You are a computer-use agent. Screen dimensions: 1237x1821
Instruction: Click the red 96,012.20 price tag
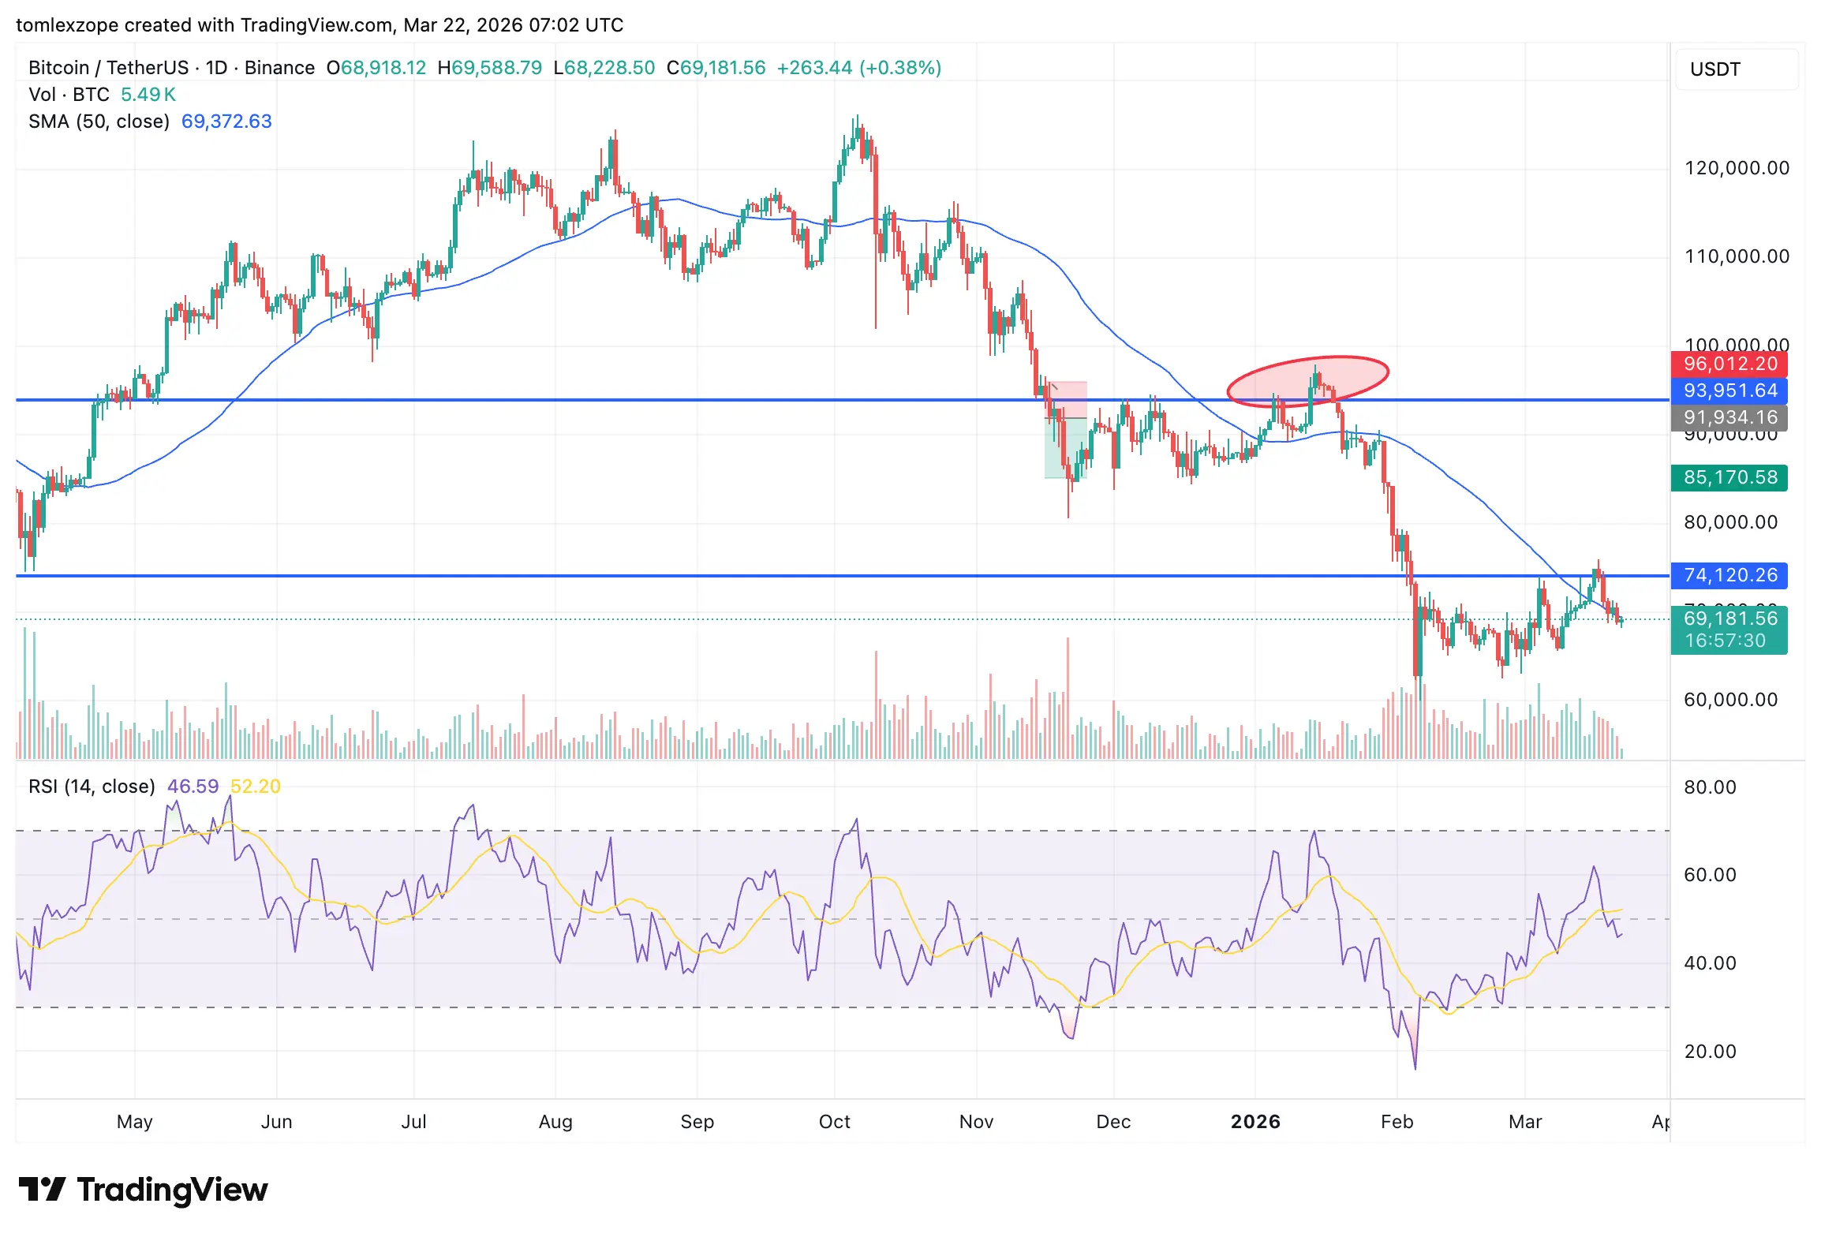(1729, 364)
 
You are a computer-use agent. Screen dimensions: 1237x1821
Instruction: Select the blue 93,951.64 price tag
(1729, 391)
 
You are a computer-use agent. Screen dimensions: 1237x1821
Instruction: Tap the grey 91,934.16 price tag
(1729, 417)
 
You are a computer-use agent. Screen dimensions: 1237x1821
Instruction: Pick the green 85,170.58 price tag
(1729, 477)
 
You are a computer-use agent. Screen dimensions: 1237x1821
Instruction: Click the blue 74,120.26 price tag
(1729, 575)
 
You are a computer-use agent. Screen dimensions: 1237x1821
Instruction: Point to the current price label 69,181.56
(1729, 618)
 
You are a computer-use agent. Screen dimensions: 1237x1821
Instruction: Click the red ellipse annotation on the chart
(1307, 381)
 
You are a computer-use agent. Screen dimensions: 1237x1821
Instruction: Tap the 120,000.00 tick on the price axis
(1736, 168)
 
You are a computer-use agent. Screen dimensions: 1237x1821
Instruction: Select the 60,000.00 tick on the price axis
(1730, 700)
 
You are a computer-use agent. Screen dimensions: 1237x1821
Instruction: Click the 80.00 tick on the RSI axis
(1710, 787)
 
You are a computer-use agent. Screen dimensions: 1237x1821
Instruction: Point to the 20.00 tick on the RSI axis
(1710, 1051)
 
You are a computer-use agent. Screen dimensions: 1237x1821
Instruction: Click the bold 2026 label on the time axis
(1255, 1122)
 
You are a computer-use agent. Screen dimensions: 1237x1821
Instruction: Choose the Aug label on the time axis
(555, 1122)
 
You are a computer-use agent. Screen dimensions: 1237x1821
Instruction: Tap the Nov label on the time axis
(976, 1122)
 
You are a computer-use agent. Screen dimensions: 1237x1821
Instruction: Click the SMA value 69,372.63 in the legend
(226, 121)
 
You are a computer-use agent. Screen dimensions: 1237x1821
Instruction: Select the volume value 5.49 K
(148, 95)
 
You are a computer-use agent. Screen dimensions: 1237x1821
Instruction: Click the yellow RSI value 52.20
(255, 787)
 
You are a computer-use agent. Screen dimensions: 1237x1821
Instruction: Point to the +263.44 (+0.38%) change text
(859, 68)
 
